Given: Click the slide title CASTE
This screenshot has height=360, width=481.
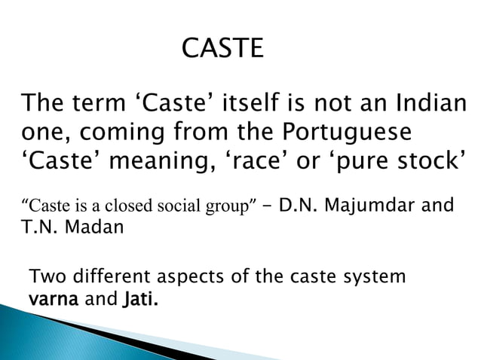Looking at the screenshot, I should pyautogui.click(x=223, y=50).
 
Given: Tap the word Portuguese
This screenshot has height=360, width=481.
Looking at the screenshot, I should pyautogui.click(x=348, y=132).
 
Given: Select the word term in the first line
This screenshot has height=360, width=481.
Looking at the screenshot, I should pyautogui.click(x=96, y=103).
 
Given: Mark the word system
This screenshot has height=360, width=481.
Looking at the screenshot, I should pyautogui.click(x=374, y=277).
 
